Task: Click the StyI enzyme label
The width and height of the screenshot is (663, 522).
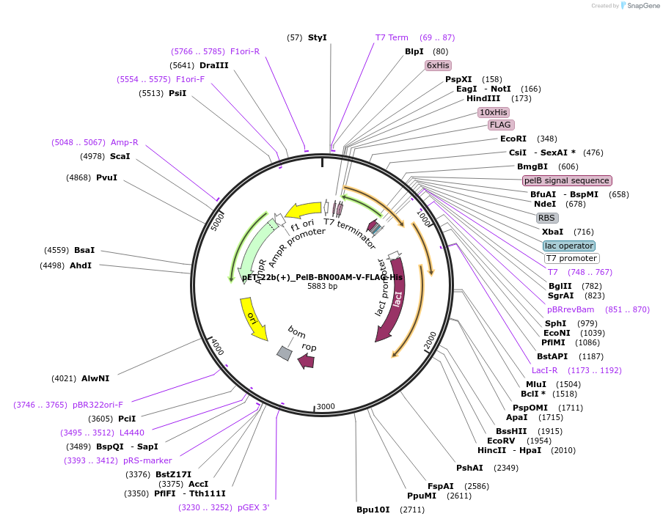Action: (x=317, y=37)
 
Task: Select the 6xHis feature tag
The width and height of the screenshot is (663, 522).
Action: (x=438, y=65)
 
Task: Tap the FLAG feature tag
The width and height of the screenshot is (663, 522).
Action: (x=500, y=125)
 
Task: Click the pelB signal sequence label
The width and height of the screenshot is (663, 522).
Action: (x=566, y=180)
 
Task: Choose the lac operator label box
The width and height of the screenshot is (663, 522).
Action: (x=569, y=246)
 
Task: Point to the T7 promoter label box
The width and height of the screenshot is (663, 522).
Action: (x=571, y=258)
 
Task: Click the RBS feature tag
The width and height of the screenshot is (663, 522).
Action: (x=547, y=218)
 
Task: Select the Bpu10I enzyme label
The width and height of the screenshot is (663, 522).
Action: (x=373, y=510)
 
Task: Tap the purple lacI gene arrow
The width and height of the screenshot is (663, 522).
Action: (x=389, y=308)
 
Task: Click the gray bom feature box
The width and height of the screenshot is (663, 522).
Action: (x=285, y=353)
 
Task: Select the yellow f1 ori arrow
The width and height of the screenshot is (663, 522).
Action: (x=303, y=211)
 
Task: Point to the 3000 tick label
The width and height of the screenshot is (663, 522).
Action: (x=326, y=406)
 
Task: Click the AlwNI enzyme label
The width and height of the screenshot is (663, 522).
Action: (x=95, y=378)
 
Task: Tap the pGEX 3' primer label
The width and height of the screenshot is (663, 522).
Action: (x=253, y=507)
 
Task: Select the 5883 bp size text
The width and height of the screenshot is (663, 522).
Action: (x=322, y=287)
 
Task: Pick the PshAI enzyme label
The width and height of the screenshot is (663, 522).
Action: (x=469, y=467)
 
